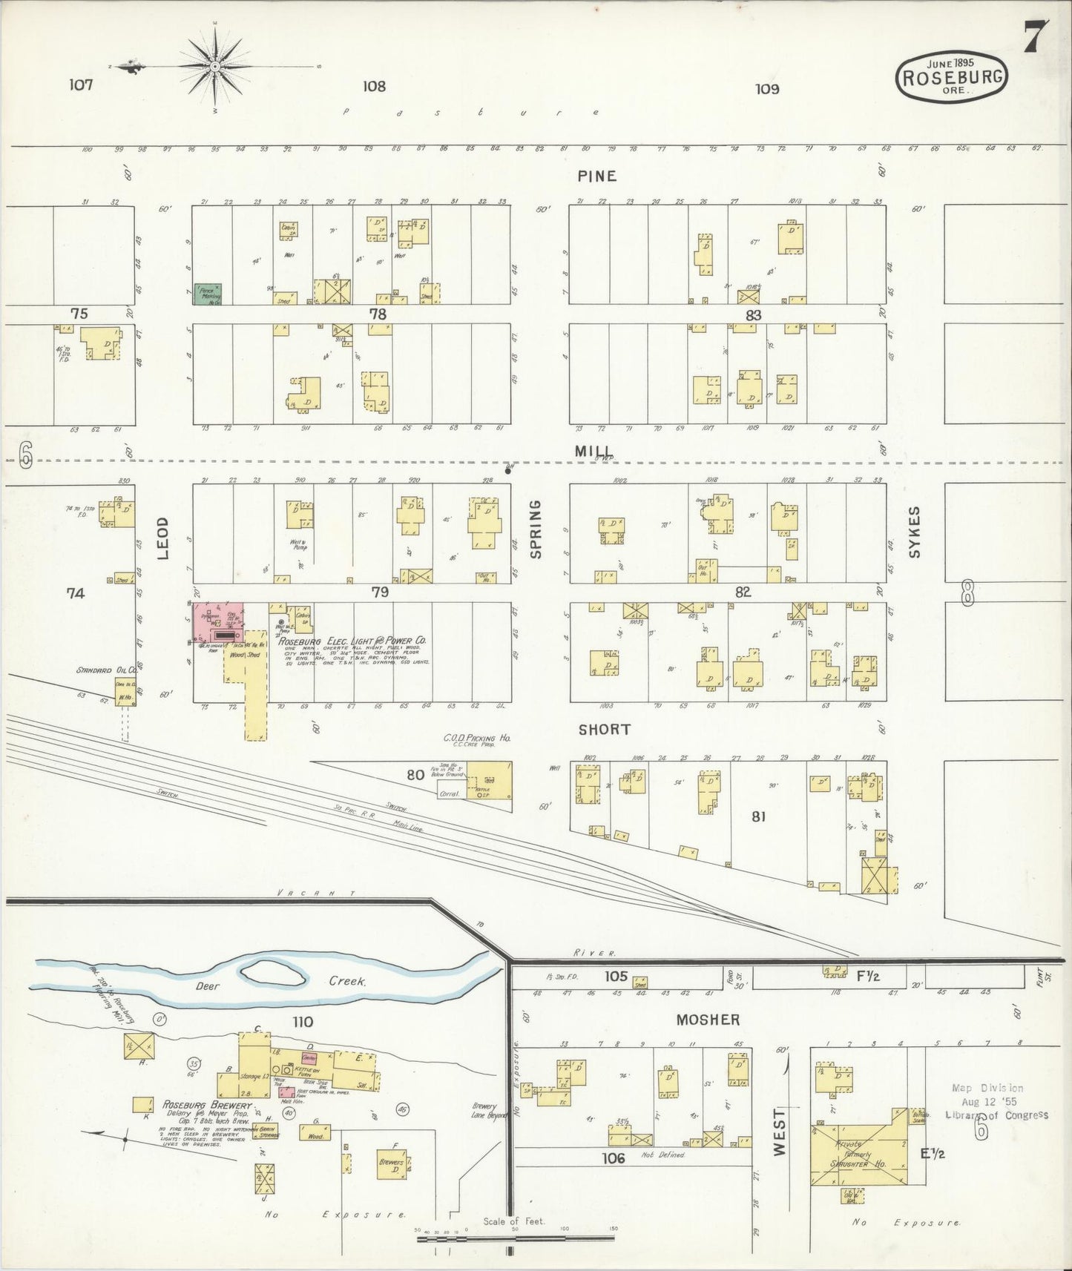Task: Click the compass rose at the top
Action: (214, 67)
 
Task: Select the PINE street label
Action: (597, 176)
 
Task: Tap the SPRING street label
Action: (536, 529)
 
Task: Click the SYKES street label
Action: (913, 532)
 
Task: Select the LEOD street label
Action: (163, 538)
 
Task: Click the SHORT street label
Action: (605, 730)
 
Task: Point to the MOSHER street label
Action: (708, 1020)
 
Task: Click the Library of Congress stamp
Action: (996, 1102)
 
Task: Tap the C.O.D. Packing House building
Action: (489, 781)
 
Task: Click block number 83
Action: (754, 315)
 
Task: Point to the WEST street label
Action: (778, 1132)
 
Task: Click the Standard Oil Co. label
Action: (101, 670)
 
